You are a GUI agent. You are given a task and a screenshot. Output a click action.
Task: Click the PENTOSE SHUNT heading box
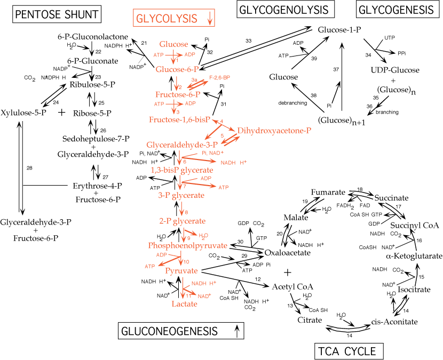[57, 14]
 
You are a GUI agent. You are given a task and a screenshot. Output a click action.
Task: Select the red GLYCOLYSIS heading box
[174, 18]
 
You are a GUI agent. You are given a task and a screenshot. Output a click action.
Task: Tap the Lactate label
[184, 303]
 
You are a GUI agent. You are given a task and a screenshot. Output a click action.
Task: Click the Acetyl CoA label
[292, 287]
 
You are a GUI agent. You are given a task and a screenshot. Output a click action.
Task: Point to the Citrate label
[310, 320]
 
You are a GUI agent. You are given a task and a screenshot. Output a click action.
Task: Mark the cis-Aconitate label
[393, 322]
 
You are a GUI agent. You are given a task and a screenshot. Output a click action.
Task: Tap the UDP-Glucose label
[394, 70]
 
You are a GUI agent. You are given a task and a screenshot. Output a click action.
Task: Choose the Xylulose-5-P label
[26, 113]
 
